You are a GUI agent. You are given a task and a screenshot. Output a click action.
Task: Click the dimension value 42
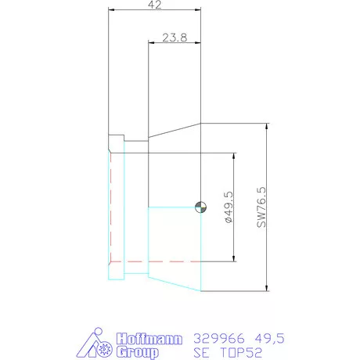click(154, 5)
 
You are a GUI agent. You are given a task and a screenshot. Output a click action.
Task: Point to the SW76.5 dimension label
click(261, 207)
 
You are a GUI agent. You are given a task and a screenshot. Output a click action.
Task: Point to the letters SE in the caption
click(202, 352)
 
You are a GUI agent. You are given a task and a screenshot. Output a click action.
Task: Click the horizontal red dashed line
click(157, 260)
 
